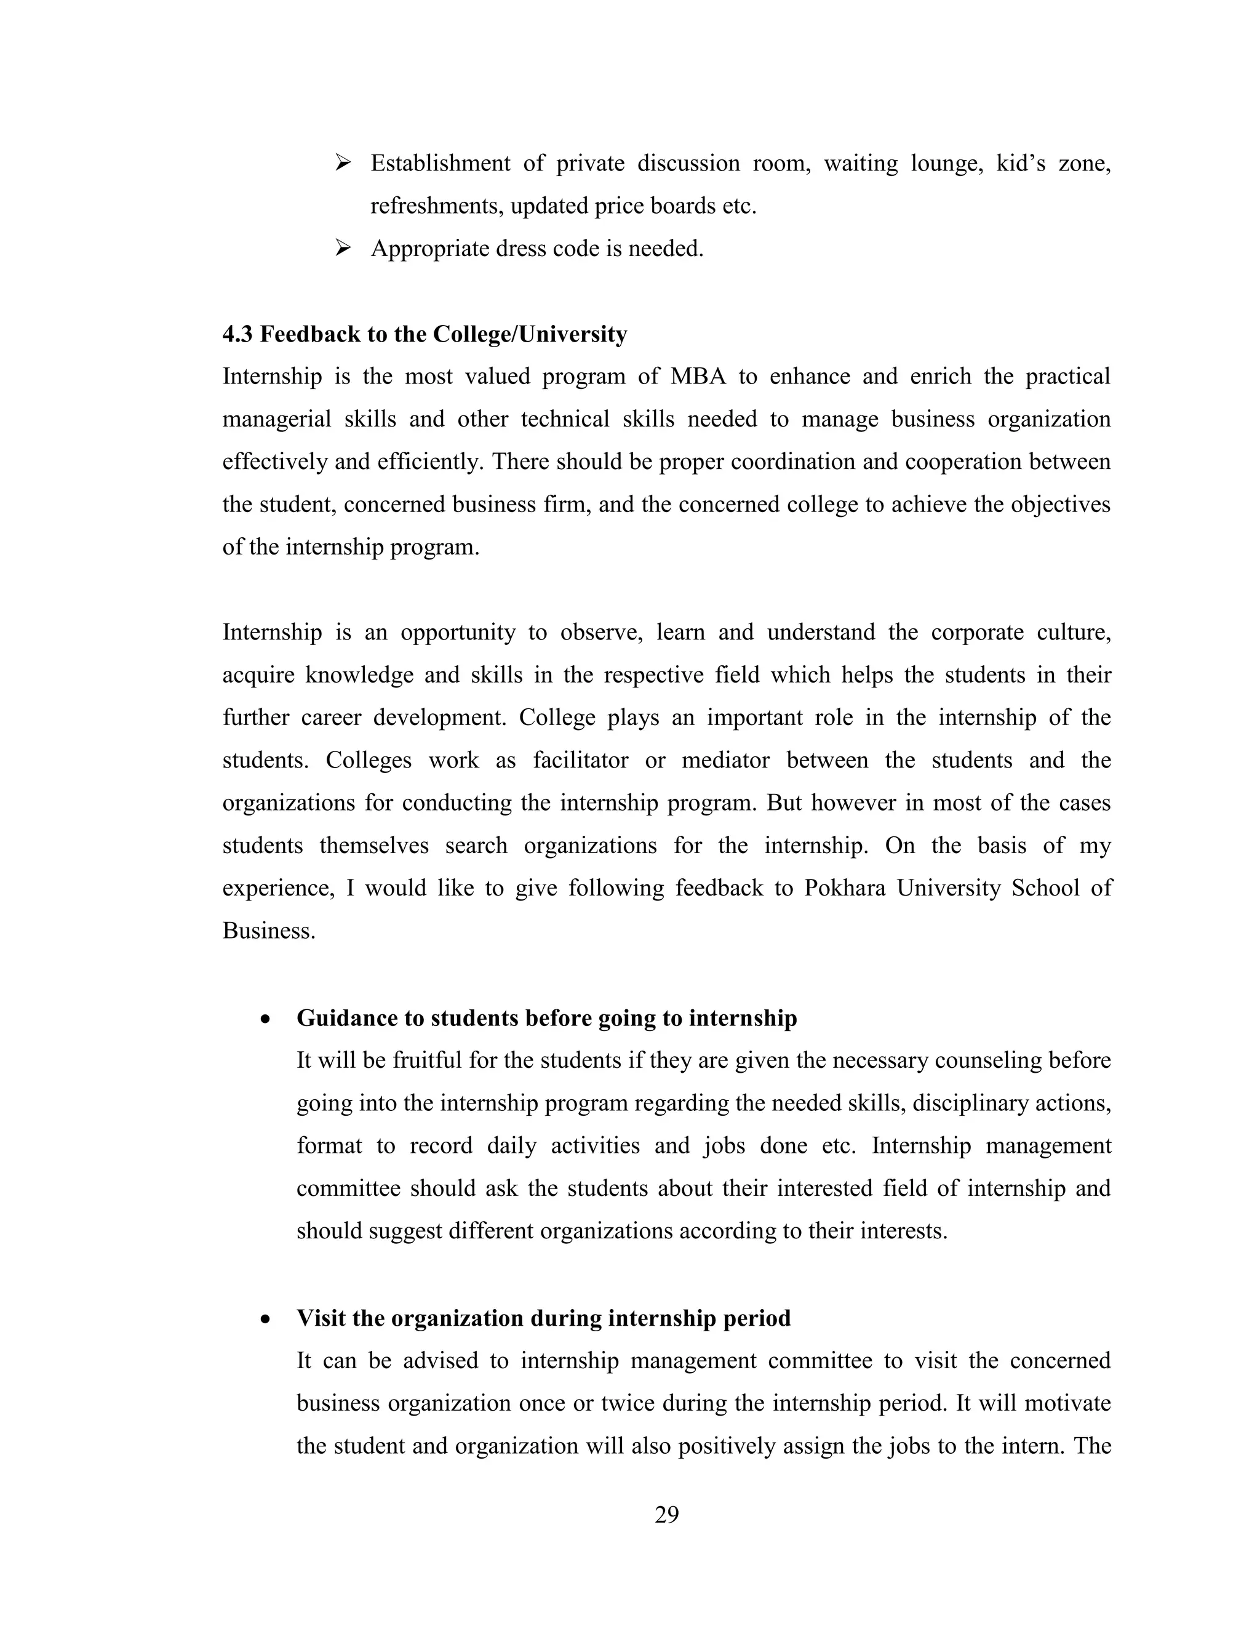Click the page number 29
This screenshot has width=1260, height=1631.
tap(666, 1514)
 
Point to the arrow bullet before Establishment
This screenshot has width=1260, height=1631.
tap(343, 162)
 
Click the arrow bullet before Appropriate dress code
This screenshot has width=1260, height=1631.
tap(343, 247)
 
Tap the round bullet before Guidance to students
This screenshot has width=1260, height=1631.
tap(265, 1019)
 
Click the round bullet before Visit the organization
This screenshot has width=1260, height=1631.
tap(265, 1319)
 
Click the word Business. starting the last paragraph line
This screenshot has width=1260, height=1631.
tap(269, 931)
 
